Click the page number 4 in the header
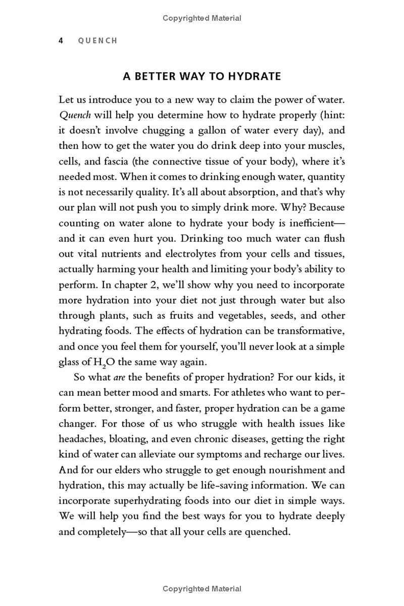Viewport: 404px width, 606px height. click(x=61, y=40)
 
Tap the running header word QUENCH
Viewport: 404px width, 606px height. click(x=97, y=40)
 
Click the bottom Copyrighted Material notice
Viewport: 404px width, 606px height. click(x=202, y=589)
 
